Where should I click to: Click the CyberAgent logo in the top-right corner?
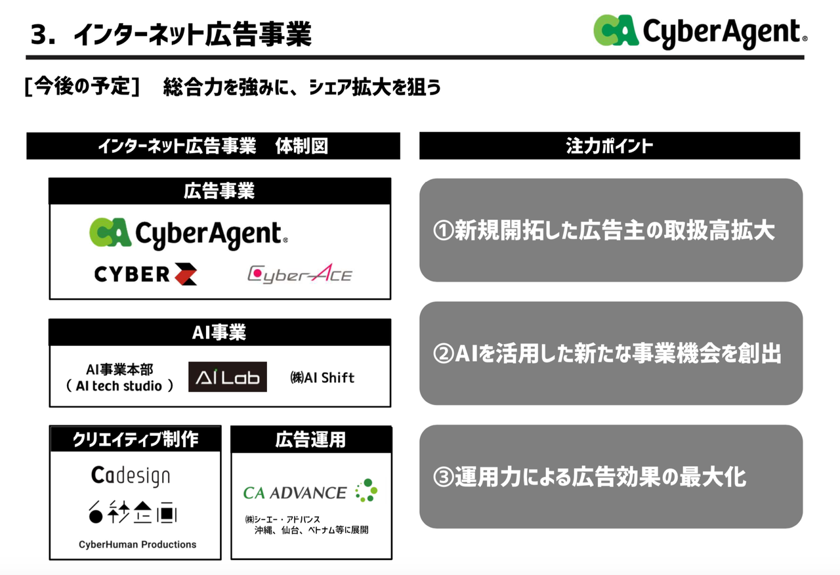tap(700, 31)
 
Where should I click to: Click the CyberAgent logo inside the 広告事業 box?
tap(188, 234)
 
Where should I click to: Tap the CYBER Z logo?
tap(146, 274)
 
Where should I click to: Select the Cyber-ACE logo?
tap(299, 274)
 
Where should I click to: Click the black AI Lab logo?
tap(227, 377)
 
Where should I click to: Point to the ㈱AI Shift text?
tap(322, 377)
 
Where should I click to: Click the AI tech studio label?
tap(119, 386)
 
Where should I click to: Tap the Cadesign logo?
tap(130, 475)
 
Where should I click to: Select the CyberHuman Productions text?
tap(137, 544)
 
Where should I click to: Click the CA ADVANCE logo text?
tap(295, 492)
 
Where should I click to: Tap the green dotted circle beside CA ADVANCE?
tap(366, 491)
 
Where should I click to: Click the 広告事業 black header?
tap(219, 191)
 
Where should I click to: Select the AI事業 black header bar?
tap(219, 332)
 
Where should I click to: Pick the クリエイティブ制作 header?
tap(135, 439)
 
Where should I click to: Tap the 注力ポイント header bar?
tap(609, 146)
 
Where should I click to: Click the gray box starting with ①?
tap(610, 230)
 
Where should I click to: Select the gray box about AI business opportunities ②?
tap(610, 353)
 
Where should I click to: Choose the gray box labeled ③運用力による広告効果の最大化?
tap(610, 477)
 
